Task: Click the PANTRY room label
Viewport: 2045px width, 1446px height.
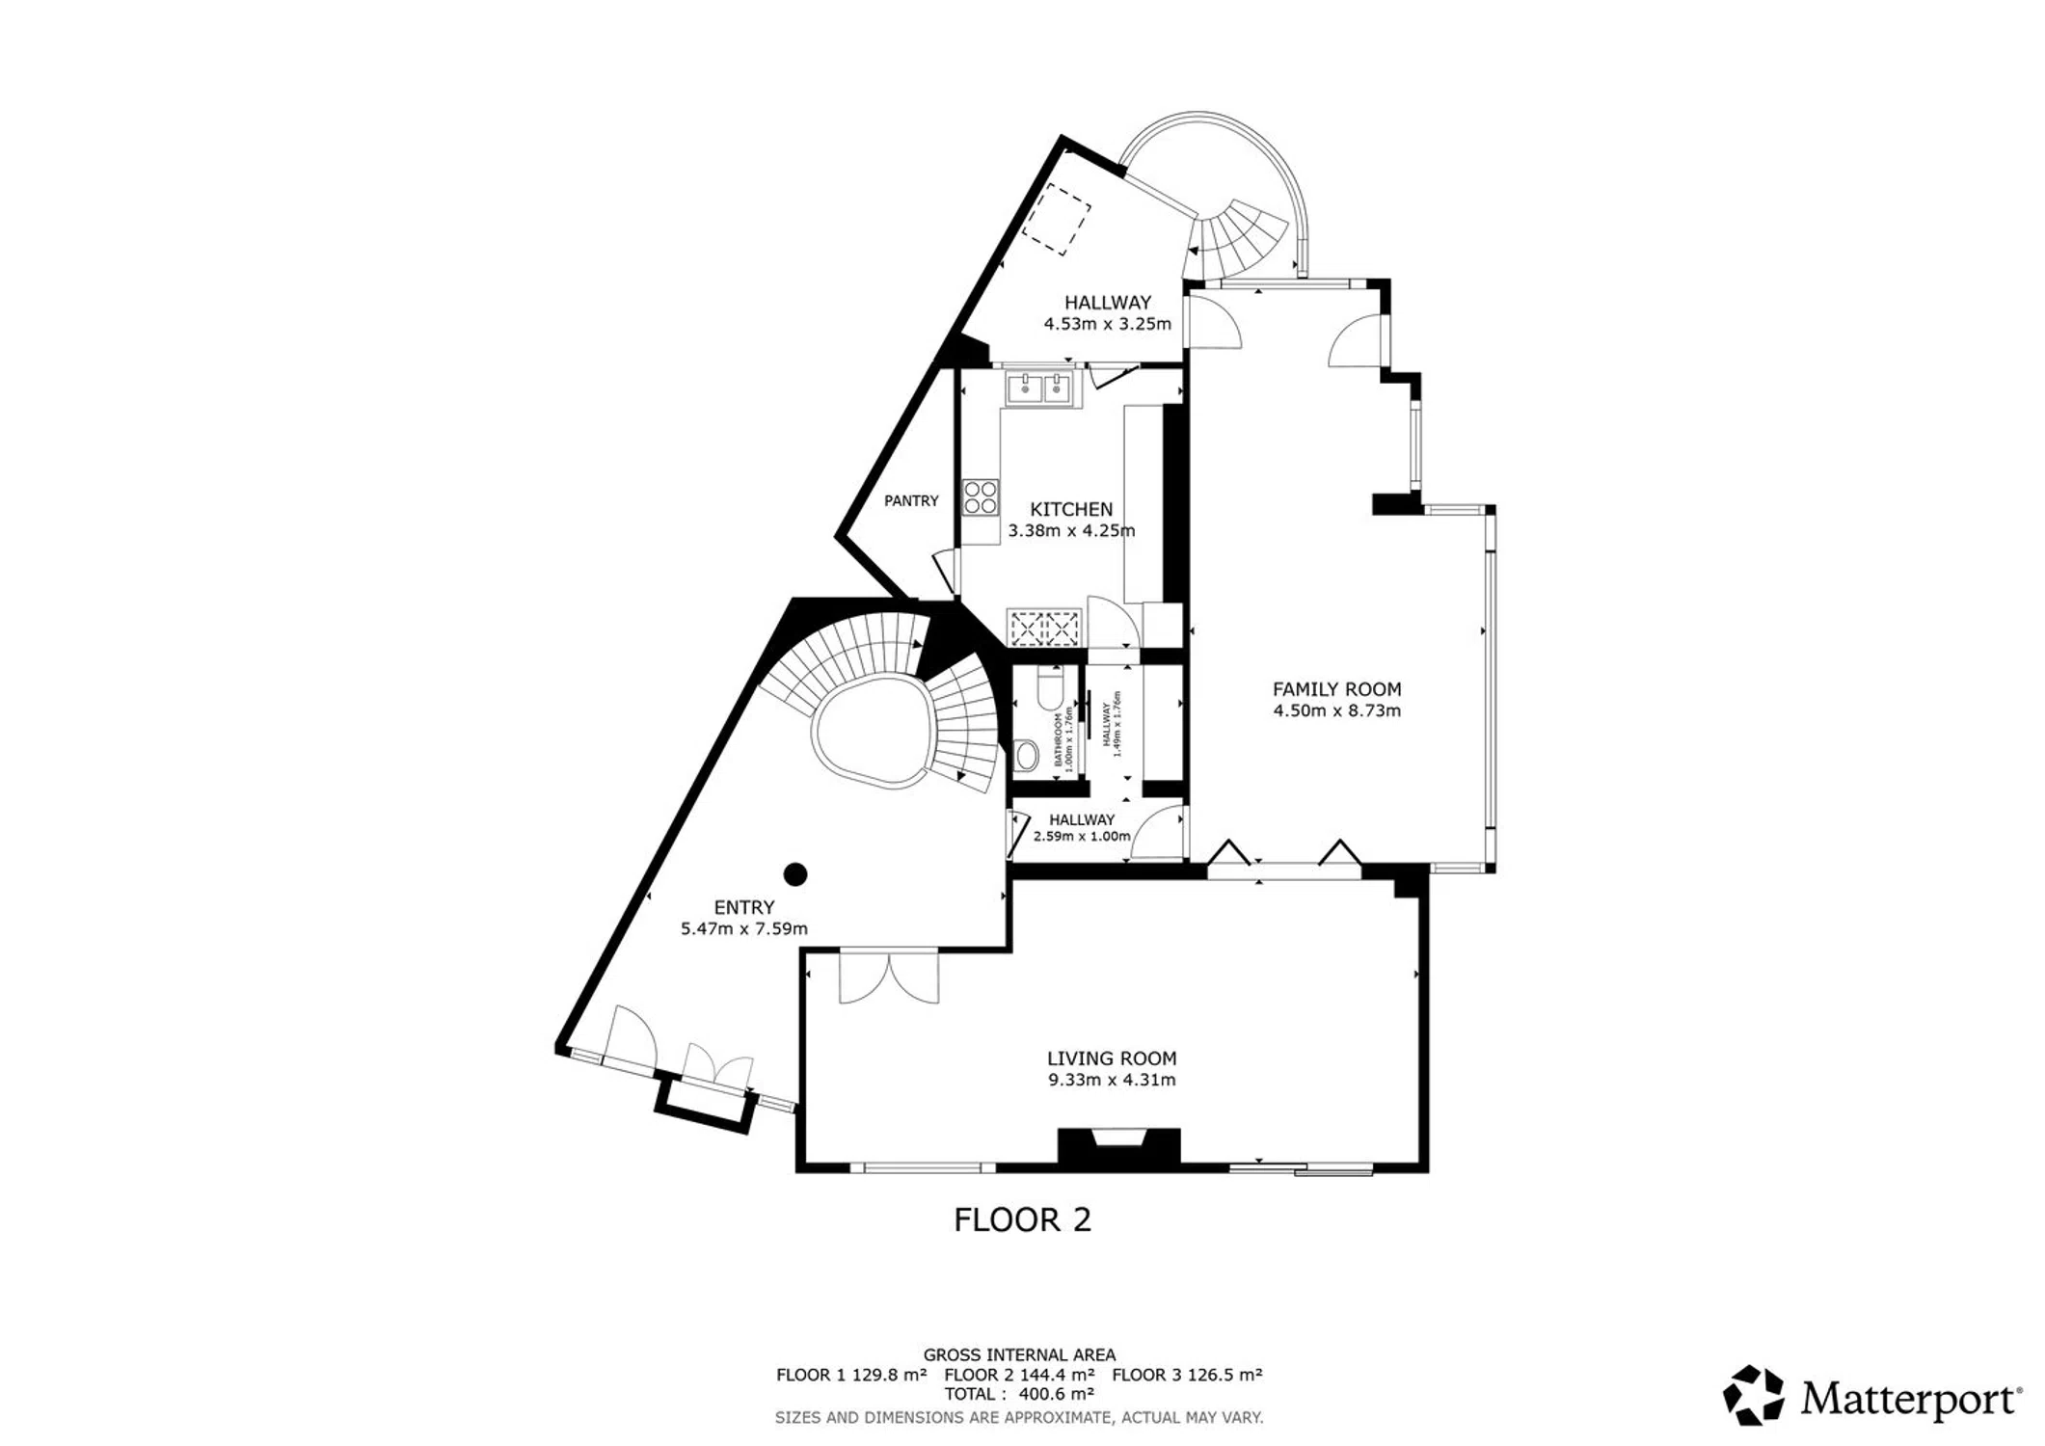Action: [911, 501]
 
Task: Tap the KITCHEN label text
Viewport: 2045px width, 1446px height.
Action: [1071, 509]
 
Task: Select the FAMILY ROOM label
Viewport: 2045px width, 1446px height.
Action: [1336, 689]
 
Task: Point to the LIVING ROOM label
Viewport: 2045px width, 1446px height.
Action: [1112, 1058]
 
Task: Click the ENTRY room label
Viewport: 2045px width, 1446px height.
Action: [744, 907]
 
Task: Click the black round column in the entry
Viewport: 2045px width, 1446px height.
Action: [794, 874]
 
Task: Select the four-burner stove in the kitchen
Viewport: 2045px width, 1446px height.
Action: [981, 497]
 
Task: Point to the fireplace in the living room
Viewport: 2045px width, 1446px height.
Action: [1119, 1146]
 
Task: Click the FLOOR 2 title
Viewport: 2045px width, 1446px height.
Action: [1022, 1220]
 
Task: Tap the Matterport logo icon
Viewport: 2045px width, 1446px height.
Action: [1755, 1394]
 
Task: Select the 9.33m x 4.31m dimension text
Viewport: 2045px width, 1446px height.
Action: [1112, 1081]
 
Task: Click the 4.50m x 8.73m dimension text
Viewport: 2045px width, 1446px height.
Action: [1336, 711]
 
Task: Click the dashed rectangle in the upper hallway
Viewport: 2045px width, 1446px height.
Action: [1057, 221]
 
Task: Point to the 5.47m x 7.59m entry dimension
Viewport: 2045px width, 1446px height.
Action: [744, 929]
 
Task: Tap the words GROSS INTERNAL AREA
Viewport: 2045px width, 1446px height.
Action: [1019, 1355]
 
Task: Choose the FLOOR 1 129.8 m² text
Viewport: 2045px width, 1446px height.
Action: [851, 1375]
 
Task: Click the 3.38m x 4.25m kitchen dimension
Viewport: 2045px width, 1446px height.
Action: [1071, 531]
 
